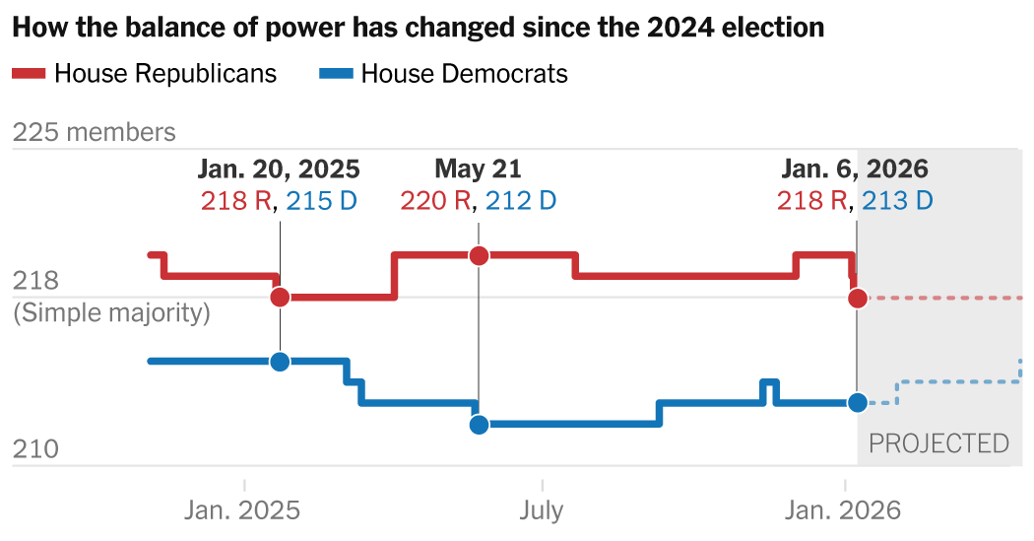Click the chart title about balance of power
tap(418, 28)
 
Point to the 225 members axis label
tap(95, 132)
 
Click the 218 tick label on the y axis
tap(35, 282)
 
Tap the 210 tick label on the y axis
tap(35, 450)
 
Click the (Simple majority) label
tap(111, 313)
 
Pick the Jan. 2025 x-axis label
tap(242, 509)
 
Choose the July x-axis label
tap(542, 509)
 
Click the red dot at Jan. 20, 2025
tap(280, 297)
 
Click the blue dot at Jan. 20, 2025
tap(280, 361)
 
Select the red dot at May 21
tap(479, 255)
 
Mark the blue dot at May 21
tap(479, 425)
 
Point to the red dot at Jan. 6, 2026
tap(858, 298)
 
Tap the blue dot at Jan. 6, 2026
tap(858, 402)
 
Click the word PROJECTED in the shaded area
tap(938, 443)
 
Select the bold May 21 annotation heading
tap(479, 169)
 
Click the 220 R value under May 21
tap(435, 201)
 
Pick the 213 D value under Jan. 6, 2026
tap(897, 201)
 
